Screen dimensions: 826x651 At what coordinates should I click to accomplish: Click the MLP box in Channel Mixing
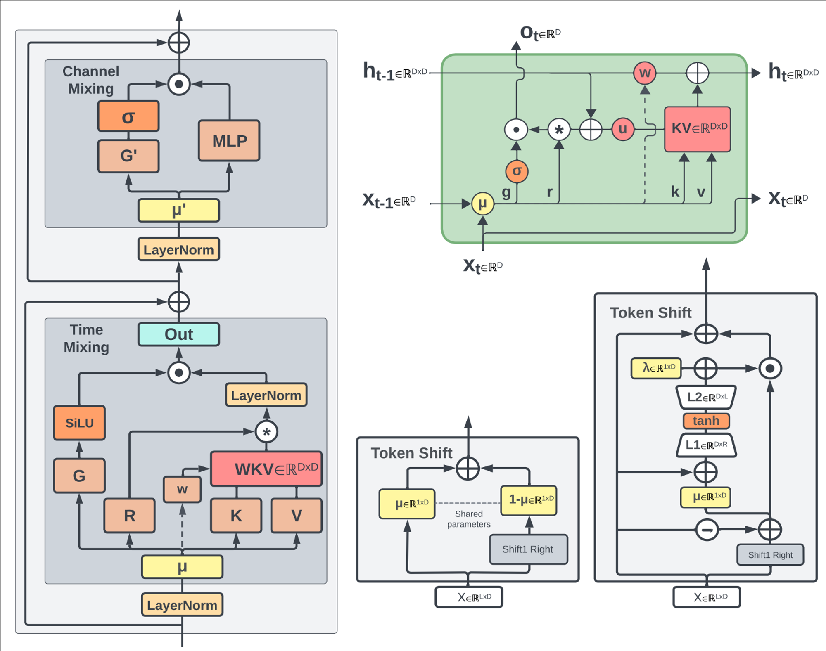pyautogui.click(x=229, y=141)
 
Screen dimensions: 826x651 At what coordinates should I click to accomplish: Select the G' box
pyautogui.click(x=128, y=156)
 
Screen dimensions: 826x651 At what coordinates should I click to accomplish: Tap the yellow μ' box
pyautogui.click(x=179, y=211)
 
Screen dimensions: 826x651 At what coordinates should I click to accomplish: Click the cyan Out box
pyautogui.click(x=179, y=334)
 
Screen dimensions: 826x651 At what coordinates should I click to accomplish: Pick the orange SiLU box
pyautogui.click(x=79, y=423)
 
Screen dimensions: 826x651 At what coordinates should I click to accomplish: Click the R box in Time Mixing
pyautogui.click(x=130, y=516)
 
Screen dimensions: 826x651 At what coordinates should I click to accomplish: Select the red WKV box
pyautogui.click(x=266, y=469)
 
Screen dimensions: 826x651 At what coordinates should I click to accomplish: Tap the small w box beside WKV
pyautogui.click(x=182, y=490)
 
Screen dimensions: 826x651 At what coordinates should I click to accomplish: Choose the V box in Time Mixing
pyautogui.click(x=297, y=516)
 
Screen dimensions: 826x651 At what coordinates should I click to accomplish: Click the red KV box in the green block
pyautogui.click(x=698, y=129)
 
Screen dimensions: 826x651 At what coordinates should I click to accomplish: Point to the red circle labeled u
pyautogui.click(x=623, y=129)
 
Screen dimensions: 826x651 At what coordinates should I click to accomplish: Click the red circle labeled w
pyautogui.click(x=645, y=73)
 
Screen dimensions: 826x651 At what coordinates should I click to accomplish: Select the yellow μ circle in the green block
pyautogui.click(x=482, y=204)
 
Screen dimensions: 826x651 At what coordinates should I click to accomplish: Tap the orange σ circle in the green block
pyautogui.click(x=517, y=171)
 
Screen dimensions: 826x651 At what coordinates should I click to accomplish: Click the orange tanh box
pyautogui.click(x=706, y=421)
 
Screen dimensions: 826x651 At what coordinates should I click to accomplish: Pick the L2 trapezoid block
pyautogui.click(x=706, y=397)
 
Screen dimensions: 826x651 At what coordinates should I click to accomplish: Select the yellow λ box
pyautogui.click(x=656, y=368)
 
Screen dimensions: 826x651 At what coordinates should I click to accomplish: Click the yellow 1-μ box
pyautogui.click(x=529, y=500)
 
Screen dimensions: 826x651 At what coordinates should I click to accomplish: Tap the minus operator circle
pyautogui.click(x=707, y=530)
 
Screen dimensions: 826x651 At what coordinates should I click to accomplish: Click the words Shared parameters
pyautogui.click(x=469, y=519)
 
